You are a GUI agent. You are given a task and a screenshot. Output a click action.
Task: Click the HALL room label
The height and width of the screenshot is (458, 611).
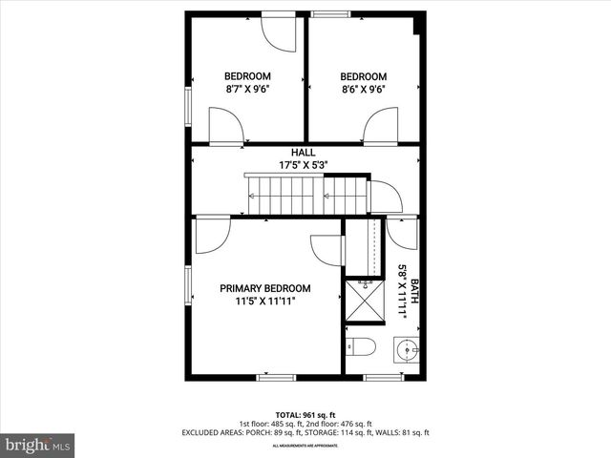pos(304,152)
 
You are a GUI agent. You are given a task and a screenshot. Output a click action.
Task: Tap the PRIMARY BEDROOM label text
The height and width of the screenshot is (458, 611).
pos(265,288)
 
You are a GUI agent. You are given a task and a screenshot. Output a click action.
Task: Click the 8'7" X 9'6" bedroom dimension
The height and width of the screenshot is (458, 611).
pos(247,89)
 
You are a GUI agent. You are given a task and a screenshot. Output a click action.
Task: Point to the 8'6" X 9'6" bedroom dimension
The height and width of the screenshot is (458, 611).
pos(363,89)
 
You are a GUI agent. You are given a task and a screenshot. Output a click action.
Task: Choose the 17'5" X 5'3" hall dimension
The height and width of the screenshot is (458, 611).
pos(304,164)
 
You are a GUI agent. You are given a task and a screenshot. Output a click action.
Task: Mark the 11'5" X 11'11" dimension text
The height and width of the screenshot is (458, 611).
pos(265,301)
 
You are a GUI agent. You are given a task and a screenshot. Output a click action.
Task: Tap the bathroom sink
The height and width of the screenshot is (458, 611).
pos(408,350)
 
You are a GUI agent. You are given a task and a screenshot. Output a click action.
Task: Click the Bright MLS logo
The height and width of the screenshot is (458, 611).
pos(38,445)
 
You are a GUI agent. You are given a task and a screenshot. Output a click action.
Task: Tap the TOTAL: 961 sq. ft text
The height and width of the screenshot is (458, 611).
pos(305,414)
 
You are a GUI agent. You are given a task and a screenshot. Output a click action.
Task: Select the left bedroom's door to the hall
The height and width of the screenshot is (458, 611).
pos(226,126)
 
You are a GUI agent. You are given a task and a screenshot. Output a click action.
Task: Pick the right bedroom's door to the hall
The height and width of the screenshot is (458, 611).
pos(380,126)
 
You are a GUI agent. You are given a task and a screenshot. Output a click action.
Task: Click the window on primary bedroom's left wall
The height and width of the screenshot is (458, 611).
pos(188,284)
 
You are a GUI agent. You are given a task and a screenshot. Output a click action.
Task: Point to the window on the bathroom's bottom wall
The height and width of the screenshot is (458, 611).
pos(384,377)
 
